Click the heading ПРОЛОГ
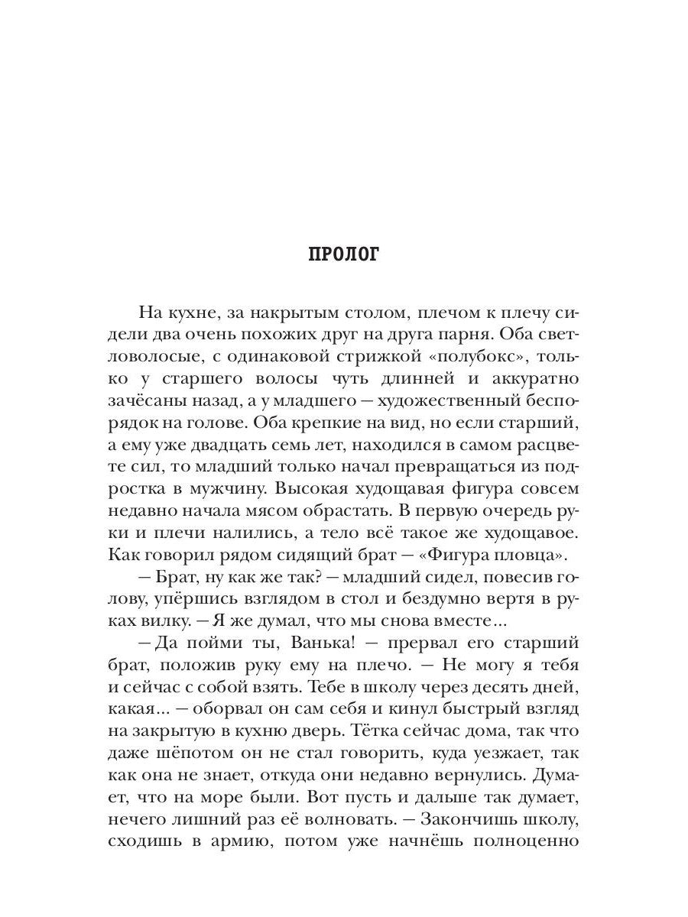343,254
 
